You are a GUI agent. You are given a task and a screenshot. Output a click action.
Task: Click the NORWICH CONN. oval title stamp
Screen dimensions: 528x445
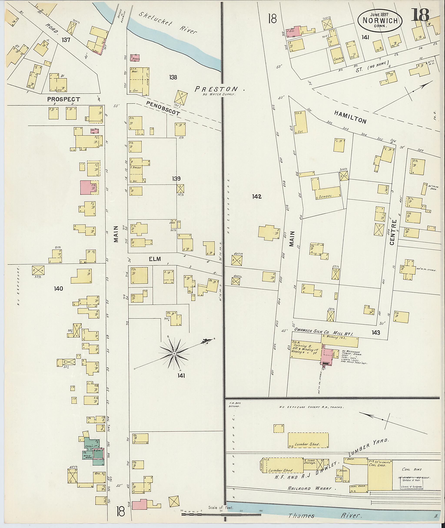coord(379,21)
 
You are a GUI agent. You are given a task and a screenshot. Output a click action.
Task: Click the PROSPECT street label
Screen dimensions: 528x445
coord(64,99)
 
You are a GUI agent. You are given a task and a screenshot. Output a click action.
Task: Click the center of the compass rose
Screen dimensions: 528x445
coord(174,354)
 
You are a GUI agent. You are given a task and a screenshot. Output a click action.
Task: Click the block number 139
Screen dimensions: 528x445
coord(176,179)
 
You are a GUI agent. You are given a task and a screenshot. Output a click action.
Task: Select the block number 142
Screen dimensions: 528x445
coord(257,196)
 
